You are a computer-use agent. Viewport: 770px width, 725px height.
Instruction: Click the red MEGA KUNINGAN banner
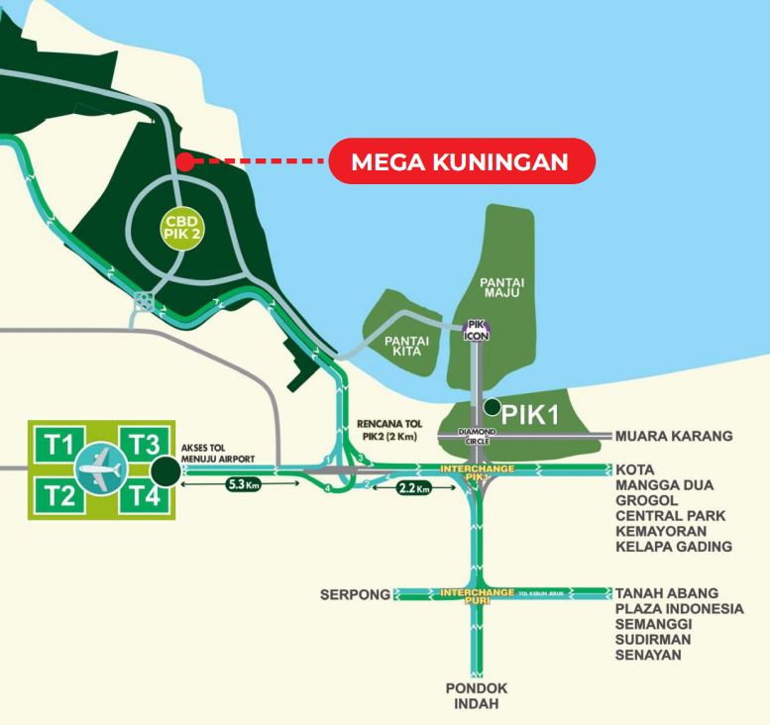coord(462,162)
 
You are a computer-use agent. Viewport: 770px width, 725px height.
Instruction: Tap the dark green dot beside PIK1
coord(493,405)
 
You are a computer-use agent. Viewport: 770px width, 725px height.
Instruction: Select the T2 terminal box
coord(61,493)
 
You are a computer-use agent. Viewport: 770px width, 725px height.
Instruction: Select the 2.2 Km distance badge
coord(407,488)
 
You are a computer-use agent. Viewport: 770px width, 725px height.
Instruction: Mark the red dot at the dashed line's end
coord(181,160)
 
